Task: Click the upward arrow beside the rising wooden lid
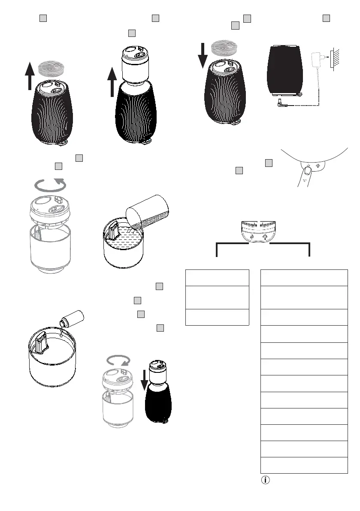pos(29,75)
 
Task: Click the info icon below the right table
pos(265,480)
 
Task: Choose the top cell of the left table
pos(217,278)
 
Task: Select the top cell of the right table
pos(304,278)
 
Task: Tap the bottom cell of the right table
pos(304,465)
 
